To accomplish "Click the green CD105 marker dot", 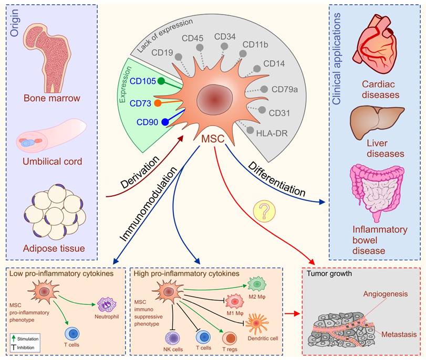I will click(162, 81).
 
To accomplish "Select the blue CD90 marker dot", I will click(165, 122).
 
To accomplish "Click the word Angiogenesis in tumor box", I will click(379, 294).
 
